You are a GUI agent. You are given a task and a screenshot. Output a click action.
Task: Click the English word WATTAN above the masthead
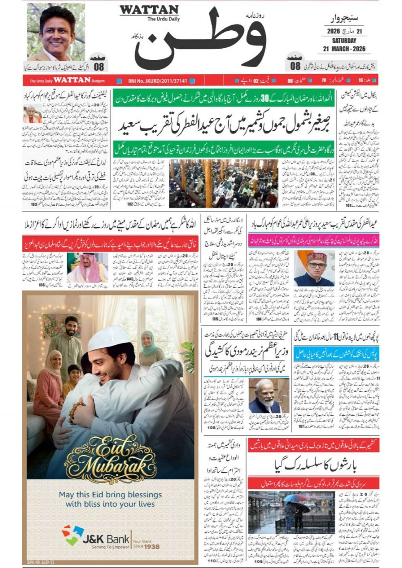pos(149,10)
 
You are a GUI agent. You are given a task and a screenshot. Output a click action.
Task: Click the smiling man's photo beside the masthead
pos(56,32)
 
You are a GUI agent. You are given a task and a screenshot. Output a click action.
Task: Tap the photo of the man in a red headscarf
pos(88,268)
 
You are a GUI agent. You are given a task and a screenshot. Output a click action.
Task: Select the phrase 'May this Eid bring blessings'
pos(110,495)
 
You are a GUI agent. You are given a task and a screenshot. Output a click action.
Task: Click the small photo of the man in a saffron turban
pos(32,114)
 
